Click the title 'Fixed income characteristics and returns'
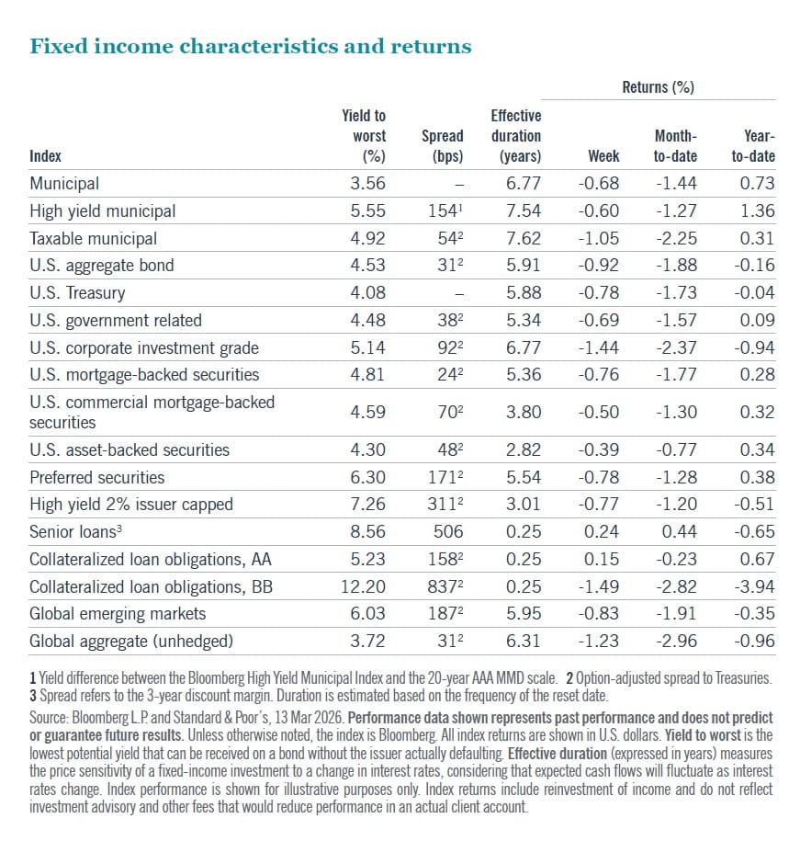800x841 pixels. (251, 46)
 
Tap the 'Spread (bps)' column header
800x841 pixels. (442, 145)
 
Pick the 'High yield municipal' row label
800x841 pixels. (102, 210)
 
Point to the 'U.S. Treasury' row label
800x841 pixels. (77, 293)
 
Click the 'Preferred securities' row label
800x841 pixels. (97, 477)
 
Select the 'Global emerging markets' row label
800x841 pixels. (118, 613)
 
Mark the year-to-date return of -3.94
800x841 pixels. (755, 586)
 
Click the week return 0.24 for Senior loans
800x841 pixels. (604, 531)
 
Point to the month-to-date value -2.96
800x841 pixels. (677, 641)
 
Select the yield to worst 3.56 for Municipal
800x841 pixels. (367, 183)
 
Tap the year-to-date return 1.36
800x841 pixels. (758, 210)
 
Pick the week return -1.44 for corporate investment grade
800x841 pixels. (599, 347)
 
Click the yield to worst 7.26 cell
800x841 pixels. (367, 504)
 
